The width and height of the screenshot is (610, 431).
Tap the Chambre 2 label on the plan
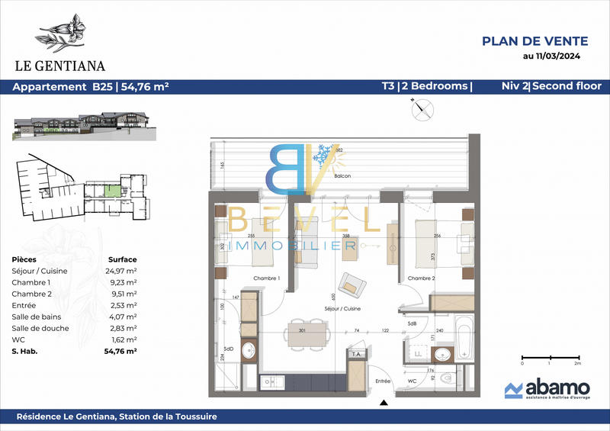[x=421, y=278]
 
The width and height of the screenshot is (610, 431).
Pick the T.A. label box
[x=355, y=354]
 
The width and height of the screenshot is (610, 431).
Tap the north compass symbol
[x=419, y=109]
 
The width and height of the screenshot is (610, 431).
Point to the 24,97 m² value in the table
[x=123, y=271]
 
